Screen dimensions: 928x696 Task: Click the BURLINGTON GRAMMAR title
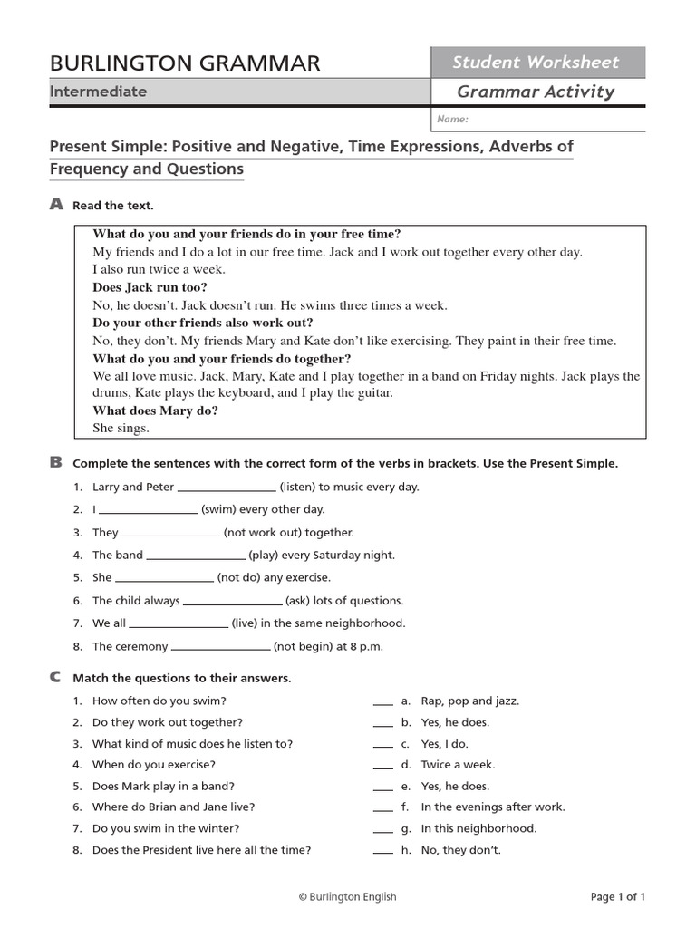click(185, 63)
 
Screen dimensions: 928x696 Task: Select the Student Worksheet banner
click(536, 63)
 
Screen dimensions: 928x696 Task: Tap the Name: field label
click(452, 119)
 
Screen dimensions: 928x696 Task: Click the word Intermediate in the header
click(98, 92)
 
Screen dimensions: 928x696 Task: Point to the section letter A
click(56, 206)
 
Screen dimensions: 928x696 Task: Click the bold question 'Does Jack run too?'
click(150, 287)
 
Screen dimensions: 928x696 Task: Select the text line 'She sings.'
click(121, 428)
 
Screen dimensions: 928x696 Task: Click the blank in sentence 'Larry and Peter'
click(227, 488)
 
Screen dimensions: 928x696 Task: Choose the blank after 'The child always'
click(232, 602)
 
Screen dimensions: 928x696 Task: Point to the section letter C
click(56, 677)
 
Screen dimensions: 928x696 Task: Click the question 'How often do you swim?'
click(159, 701)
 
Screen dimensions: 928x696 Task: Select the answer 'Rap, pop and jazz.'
click(470, 701)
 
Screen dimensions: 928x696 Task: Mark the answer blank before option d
click(383, 766)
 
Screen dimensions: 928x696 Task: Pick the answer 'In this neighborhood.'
click(478, 828)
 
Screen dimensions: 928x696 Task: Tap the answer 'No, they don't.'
click(460, 850)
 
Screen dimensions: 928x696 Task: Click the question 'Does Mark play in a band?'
click(163, 787)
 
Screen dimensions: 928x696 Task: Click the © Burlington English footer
click(348, 897)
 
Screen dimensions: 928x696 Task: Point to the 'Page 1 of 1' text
click(618, 897)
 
